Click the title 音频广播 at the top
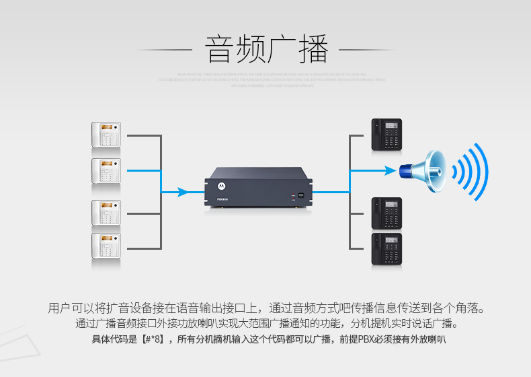[266, 49]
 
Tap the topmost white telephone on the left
[106, 135]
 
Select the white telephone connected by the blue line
[106, 171]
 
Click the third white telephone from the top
[106, 213]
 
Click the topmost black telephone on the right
[386, 135]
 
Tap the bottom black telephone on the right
[386, 248]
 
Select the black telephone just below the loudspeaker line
[386, 213]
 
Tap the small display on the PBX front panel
[301, 196]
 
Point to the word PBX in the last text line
[368, 339]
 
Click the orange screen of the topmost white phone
[104, 127]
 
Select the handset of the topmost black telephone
[378, 135]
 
